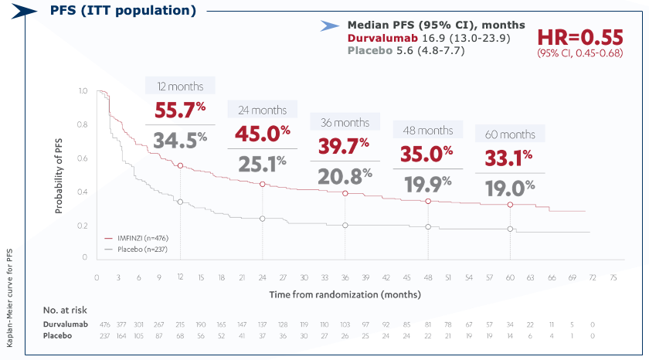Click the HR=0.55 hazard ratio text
[x=579, y=38]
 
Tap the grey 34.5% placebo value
[x=178, y=141]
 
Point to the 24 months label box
[x=257, y=110]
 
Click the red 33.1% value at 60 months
[x=508, y=158]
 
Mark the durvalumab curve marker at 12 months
[x=180, y=166]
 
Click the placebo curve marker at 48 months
[x=427, y=226]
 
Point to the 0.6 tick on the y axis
[x=82, y=158]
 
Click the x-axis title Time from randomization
[x=345, y=294]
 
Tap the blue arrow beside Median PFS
[x=330, y=25]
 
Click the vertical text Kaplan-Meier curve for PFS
[x=10, y=298]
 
